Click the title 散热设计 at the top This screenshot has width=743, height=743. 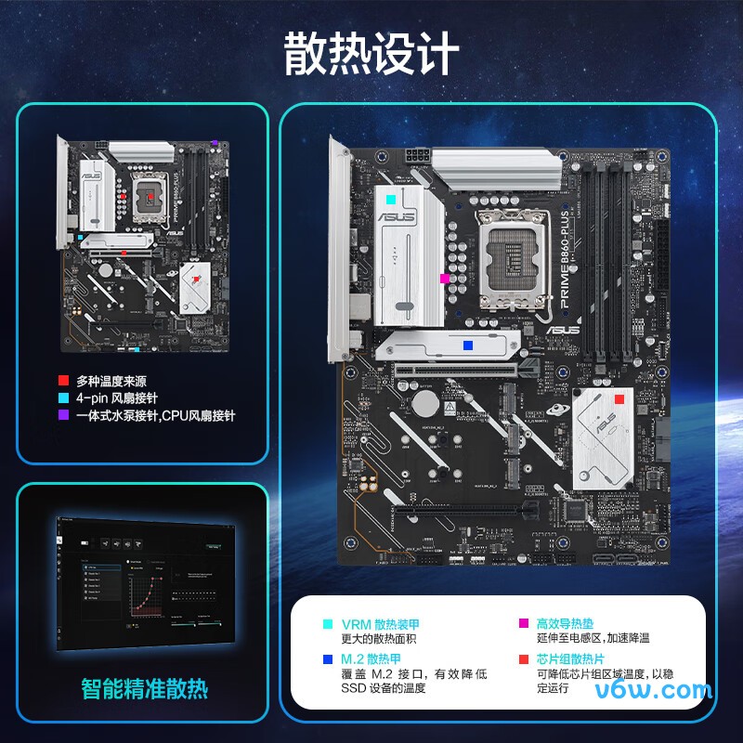(x=371, y=53)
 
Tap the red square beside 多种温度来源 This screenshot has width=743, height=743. (x=63, y=381)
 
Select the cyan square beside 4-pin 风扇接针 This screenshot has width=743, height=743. (x=63, y=398)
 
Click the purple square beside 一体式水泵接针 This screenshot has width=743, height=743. (x=63, y=416)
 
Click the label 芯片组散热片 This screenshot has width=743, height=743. (x=572, y=658)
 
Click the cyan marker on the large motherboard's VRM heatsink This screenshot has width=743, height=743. (x=391, y=199)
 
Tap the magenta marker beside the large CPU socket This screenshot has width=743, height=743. (x=445, y=277)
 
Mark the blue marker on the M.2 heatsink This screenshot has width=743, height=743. (x=468, y=345)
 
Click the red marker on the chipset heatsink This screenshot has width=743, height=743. (x=619, y=398)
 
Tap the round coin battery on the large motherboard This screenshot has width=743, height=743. (x=424, y=403)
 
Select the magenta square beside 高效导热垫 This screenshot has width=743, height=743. (x=523, y=624)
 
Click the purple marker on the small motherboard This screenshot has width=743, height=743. (x=215, y=144)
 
